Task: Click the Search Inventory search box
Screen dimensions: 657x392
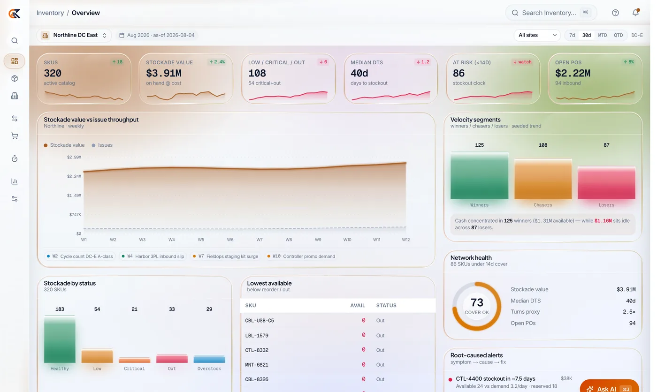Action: click(x=551, y=13)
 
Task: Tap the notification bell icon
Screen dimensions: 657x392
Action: click(x=635, y=13)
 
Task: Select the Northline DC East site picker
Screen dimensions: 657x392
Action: click(x=74, y=35)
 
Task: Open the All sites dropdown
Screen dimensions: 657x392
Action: click(x=537, y=35)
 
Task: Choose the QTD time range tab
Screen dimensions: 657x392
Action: click(x=619, y=35)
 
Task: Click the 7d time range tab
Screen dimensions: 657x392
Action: click(x=572, y=35)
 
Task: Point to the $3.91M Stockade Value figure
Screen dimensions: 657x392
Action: click(x=164, y=73)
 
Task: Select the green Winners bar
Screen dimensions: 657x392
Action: click(x=479, y=175)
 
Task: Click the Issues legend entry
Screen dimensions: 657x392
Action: click(x=102, y=145)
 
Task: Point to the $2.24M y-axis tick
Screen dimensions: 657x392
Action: click(x=74, y=176)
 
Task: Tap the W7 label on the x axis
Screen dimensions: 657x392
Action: click(x=259, y=240)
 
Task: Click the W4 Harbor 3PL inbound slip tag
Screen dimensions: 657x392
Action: click(x=153, y=256)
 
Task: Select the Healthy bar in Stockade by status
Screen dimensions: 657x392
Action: click(x=60, y=339)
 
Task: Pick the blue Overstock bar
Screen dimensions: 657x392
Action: click(x=209, y=359)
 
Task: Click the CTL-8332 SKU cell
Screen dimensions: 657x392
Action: click(x=257, y=350)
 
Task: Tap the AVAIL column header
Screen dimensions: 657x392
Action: click(x=358, y=306)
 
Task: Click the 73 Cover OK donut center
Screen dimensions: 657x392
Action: click(x=477, y=306)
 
